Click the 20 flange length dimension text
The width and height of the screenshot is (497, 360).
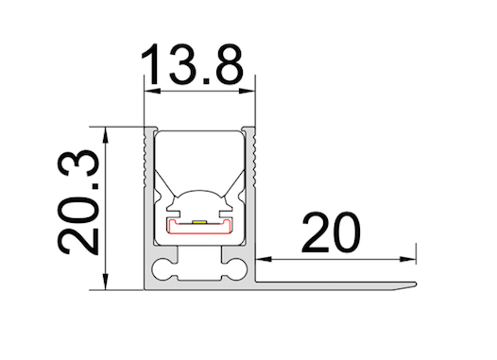[x=331, y=233]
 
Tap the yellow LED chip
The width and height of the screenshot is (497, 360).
[x=200, y=219]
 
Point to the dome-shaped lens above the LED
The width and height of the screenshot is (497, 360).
[x=200, y=200]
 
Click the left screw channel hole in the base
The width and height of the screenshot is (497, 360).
[x=166, y=269]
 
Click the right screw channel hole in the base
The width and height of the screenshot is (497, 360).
[x=232, y=269]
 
